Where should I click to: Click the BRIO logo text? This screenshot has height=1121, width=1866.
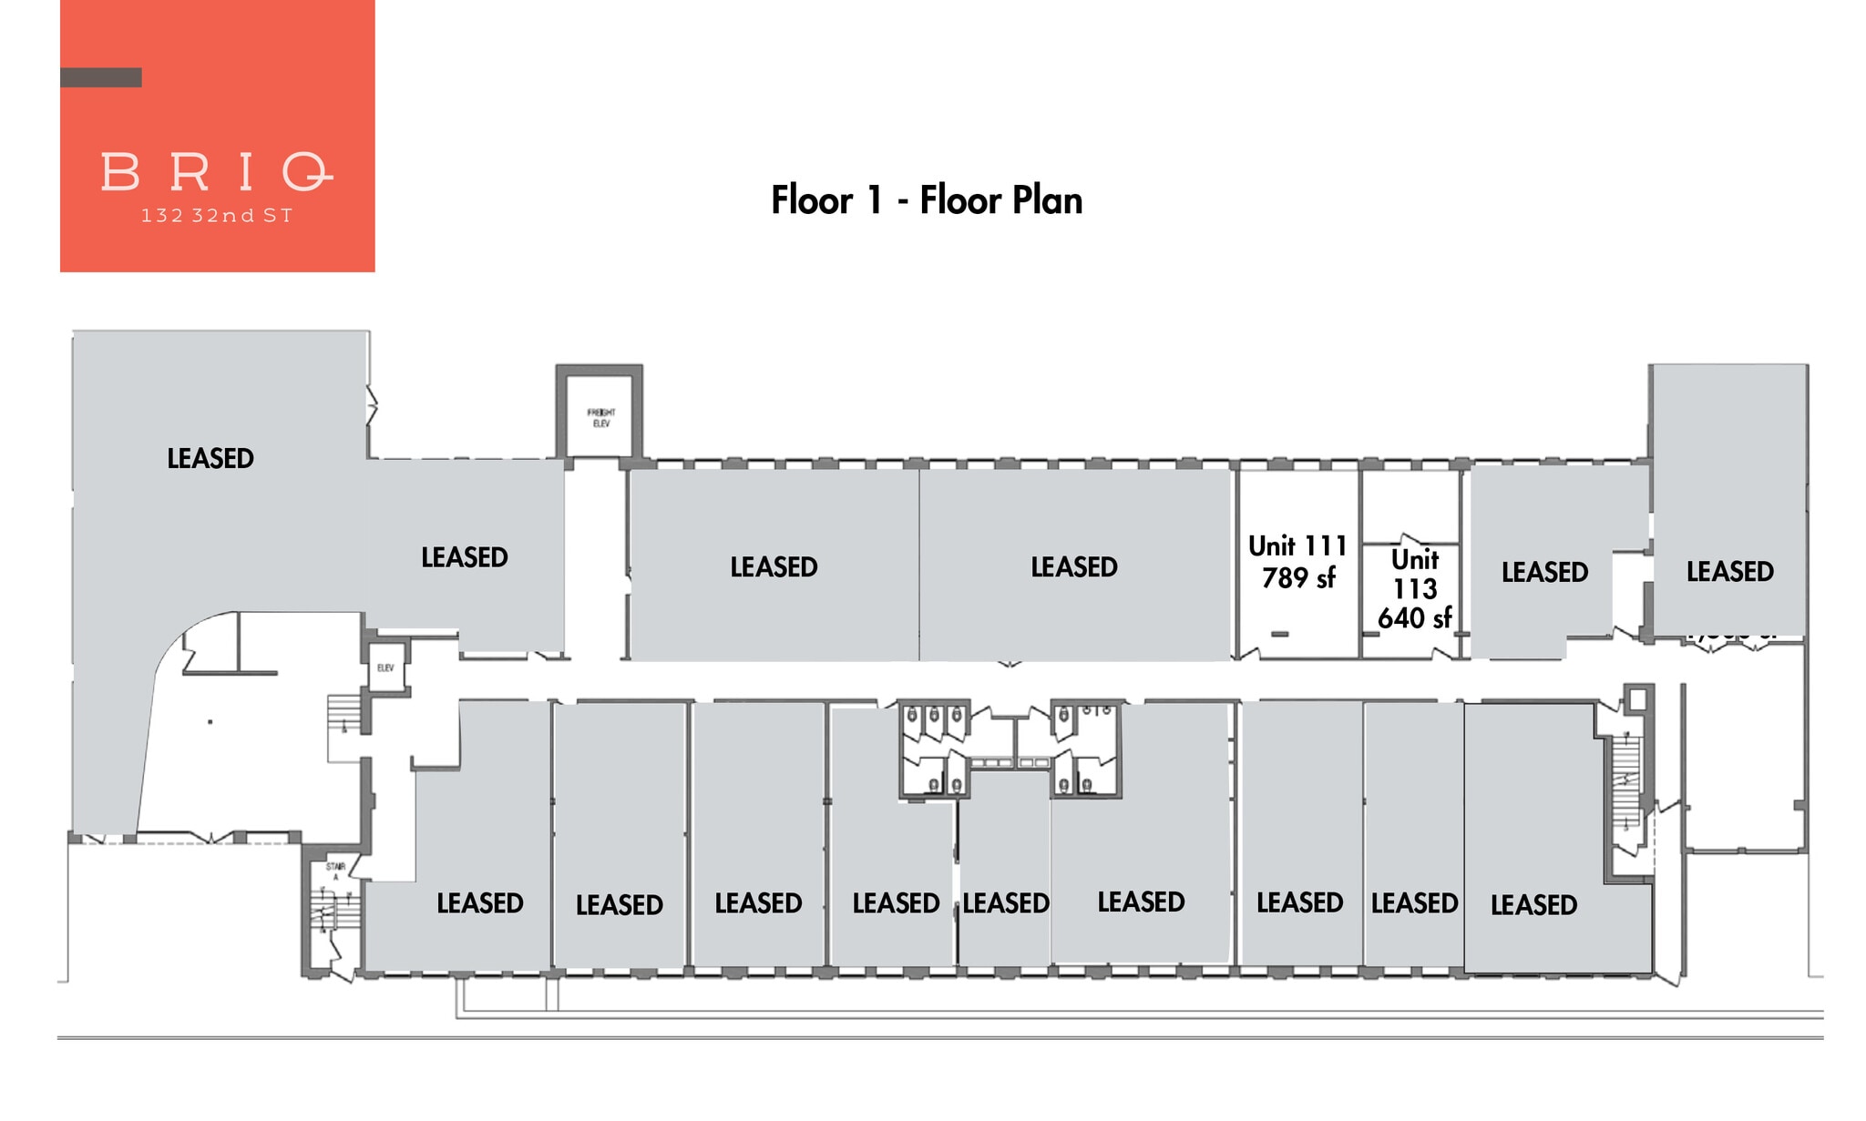point(216,172)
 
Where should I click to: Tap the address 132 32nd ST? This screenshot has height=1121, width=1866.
point(216,217)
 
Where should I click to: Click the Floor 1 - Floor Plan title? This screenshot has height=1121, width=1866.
point(927,200)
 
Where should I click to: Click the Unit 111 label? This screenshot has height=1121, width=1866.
point(1297,546)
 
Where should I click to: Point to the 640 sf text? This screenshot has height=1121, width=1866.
point(1414,618)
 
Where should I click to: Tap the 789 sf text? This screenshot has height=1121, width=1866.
point(1297,577)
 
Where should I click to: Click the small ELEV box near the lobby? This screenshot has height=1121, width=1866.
point(385,668)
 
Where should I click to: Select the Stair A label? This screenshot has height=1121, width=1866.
point(334,871)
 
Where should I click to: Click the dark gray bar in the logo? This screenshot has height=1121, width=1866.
point(100,77)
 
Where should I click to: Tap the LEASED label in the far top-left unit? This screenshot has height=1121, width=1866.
point(210,458)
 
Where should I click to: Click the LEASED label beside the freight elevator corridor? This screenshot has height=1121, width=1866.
point(464,557)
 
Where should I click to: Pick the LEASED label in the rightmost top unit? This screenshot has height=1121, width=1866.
point(1729,572)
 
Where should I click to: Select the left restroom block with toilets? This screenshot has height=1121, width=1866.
point(932,749)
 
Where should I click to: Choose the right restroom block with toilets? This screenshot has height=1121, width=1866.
point(1085,749)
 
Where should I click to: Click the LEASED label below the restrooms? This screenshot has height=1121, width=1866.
point(1005,903)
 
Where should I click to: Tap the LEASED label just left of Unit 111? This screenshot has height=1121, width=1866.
point(1073,567)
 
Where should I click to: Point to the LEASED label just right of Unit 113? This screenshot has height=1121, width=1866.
point(1544,573)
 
